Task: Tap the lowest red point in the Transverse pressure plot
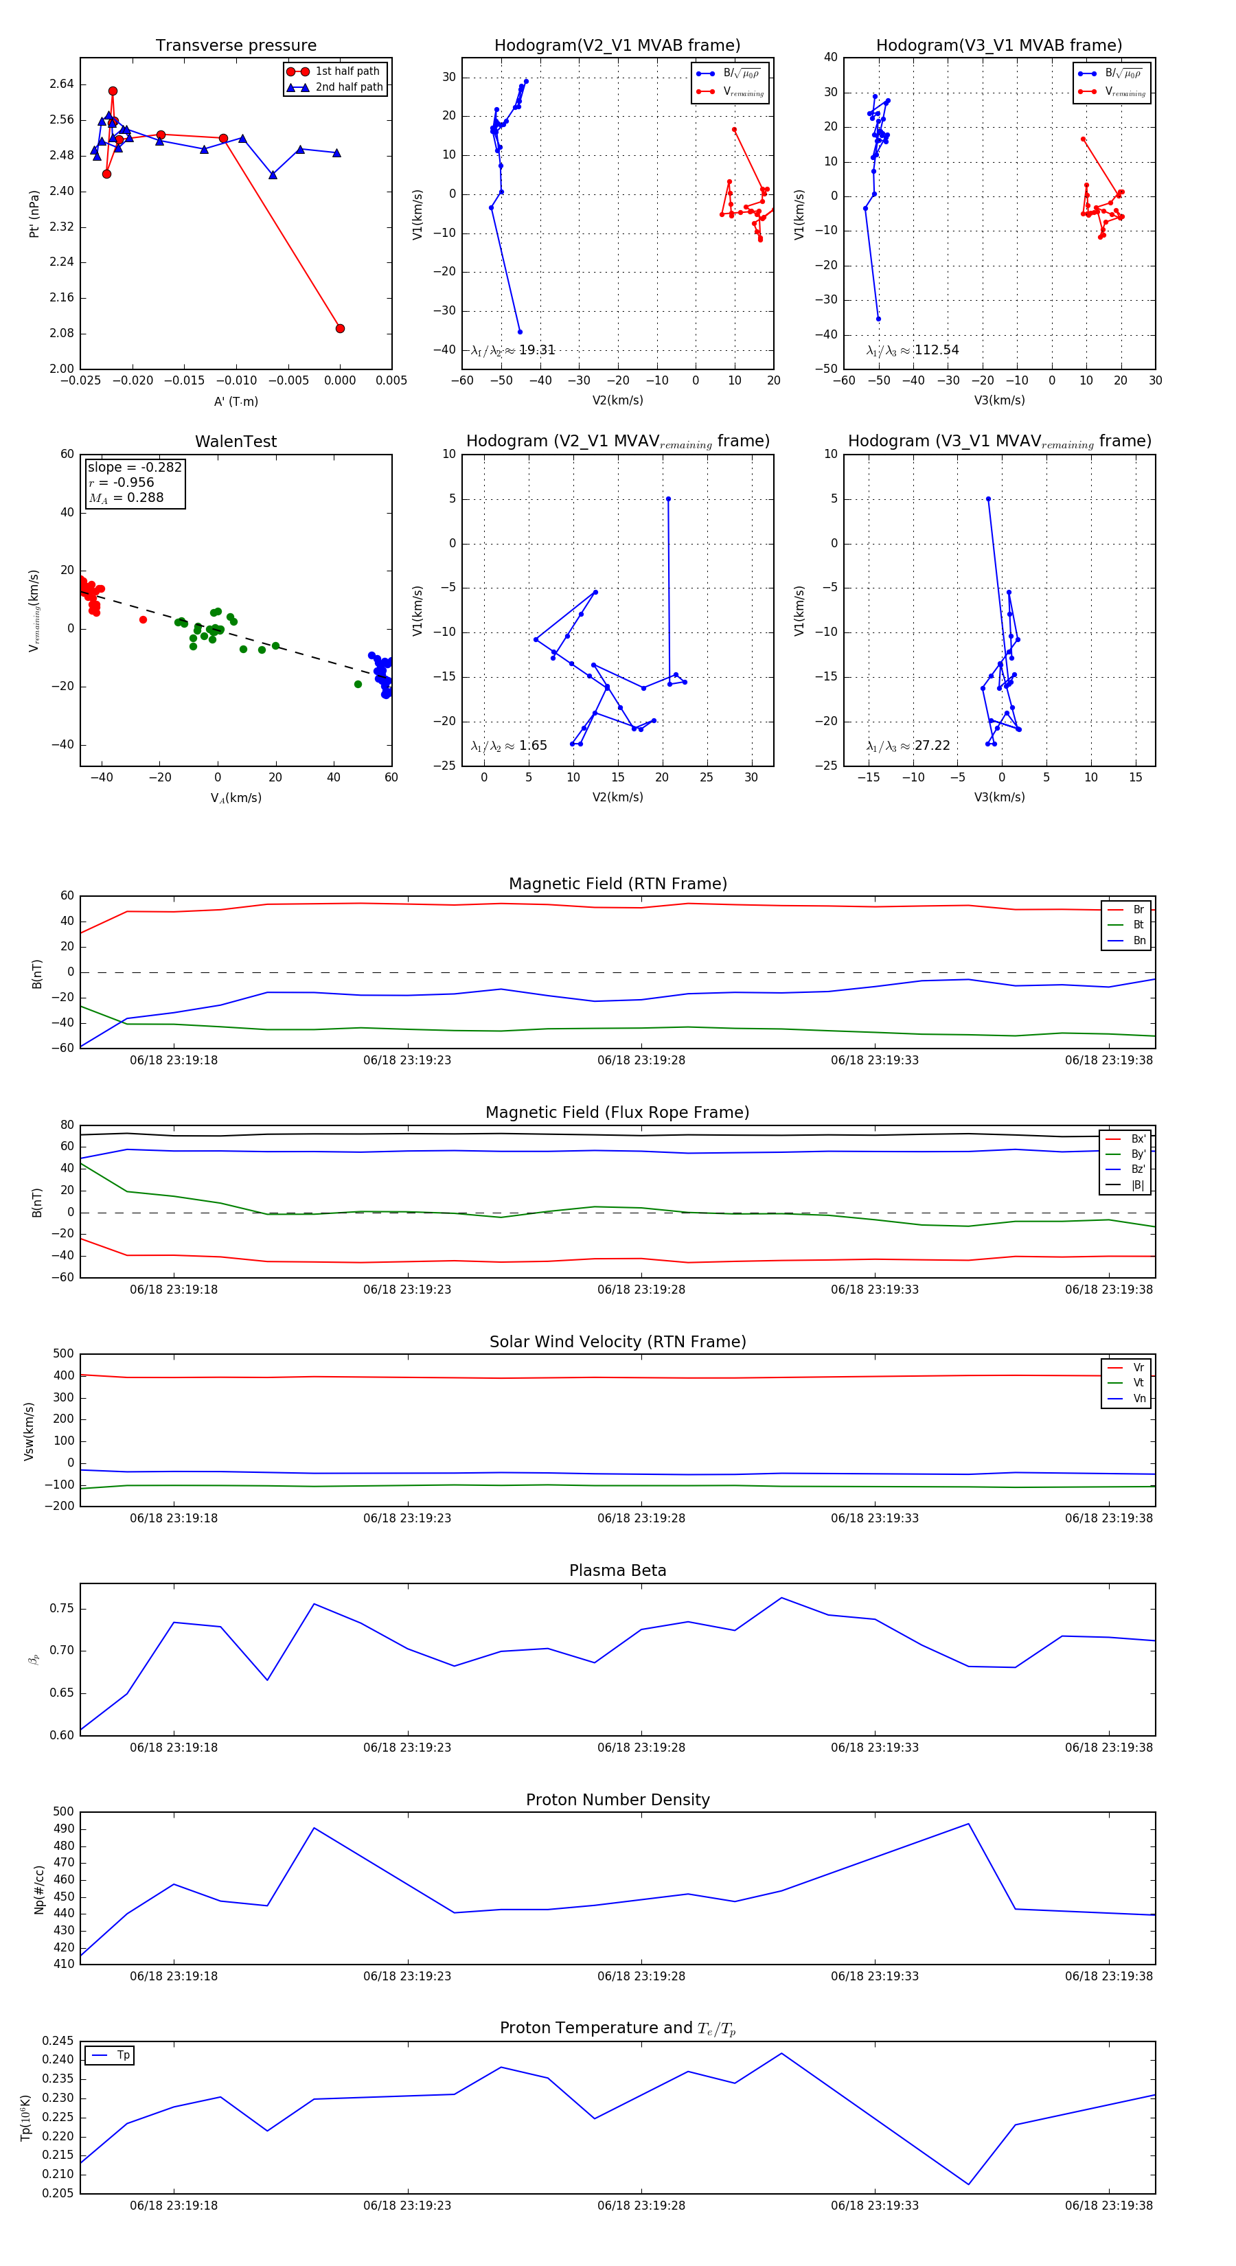tap(340, 328)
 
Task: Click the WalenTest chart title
tap(236, 442)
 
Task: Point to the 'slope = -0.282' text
tap(135, 467)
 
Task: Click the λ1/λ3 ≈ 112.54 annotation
tap(913, 350)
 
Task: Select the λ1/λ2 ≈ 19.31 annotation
tap(513, 350)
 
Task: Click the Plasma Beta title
tap(617, 1570)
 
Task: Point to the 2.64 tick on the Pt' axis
tap(62, 84)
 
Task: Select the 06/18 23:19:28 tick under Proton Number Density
tap(641, 1976)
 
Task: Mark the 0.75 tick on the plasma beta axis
tap(62, 1609)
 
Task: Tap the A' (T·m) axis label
tap(236, 402)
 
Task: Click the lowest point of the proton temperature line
tap(969, 2184)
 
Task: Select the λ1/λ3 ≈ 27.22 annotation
tap(908, 746)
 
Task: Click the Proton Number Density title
tap(617, 1800)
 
